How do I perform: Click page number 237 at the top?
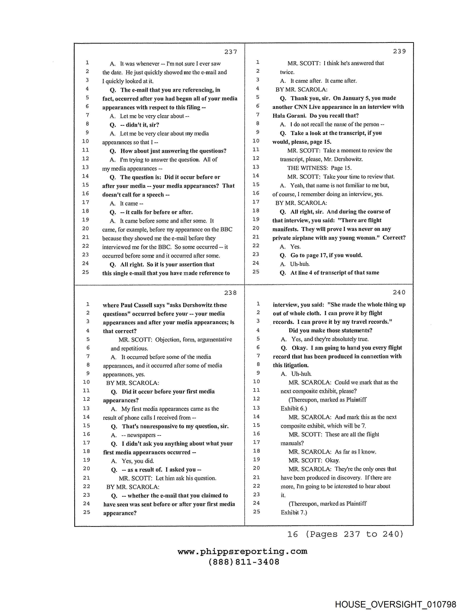click(x=230, y=52)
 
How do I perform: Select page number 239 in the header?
click(x=399, y=51)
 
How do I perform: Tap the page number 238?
click(x=230, y=293)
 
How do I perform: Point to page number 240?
click(x=399, y=292)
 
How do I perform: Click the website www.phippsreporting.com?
click(x=242, y=551)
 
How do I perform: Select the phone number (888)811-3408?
click(x=244, y=562)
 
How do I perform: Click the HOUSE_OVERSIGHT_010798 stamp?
click(x=395, y=604)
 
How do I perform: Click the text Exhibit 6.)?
click(x=294, y=408)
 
